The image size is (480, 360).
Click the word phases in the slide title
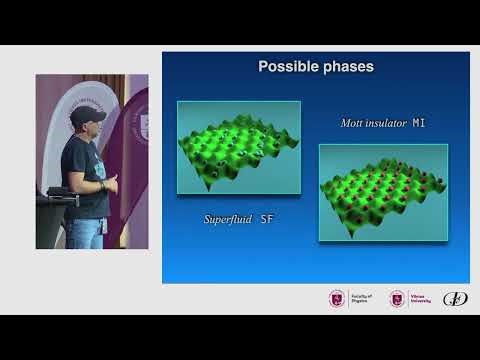[x=344, y=67]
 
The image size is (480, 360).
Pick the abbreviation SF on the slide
[x=267, y=217]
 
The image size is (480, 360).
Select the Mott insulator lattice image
[x=383, y=192]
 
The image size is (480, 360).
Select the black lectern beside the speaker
[x=53, y=220]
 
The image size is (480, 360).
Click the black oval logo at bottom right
[x=455, y=298]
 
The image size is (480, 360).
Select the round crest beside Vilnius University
[x=397, y=298]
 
